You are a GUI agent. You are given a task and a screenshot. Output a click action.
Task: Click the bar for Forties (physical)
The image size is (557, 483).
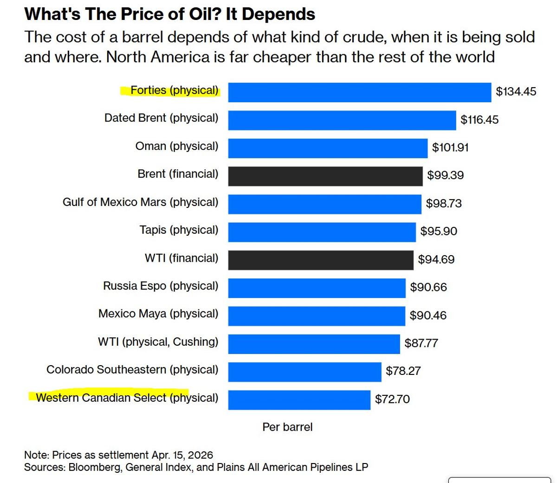pos(359,92)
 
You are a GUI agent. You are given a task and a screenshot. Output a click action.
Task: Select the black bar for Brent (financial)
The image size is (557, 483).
pos(325,176)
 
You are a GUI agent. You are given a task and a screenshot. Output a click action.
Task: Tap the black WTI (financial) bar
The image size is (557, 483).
pos(320,260)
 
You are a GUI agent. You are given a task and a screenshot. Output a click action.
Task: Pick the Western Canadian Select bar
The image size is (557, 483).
pos(299,400)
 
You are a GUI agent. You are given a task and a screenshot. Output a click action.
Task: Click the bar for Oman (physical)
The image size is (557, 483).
pos(327,148)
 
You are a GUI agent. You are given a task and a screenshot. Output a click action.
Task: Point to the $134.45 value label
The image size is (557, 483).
pos(516,91)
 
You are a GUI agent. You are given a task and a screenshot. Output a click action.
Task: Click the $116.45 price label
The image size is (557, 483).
pos(479,120)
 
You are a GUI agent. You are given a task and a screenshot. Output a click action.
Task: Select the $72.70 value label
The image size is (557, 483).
pos(392,399)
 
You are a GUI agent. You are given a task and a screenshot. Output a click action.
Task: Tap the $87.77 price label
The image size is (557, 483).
pos(421,343)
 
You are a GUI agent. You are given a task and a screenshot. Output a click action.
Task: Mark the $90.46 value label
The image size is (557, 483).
pos(427,316)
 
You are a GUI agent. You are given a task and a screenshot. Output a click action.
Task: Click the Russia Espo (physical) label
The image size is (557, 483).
pos(160,286)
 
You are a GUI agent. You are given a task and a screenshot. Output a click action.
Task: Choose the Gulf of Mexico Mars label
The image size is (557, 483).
pos(140,202)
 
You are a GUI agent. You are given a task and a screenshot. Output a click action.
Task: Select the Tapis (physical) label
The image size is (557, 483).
pos(179,230)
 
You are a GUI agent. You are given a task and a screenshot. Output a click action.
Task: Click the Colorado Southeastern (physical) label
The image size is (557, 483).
pos(132,370)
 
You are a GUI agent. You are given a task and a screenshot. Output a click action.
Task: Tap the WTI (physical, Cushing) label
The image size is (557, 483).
pos(158,342)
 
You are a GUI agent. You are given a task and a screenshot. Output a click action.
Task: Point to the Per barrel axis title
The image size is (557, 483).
pos(287,427)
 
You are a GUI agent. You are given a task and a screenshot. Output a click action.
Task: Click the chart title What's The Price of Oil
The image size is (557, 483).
pos(169,14)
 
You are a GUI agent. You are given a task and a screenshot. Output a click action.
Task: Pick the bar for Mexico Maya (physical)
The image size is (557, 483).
pos(316,316)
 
